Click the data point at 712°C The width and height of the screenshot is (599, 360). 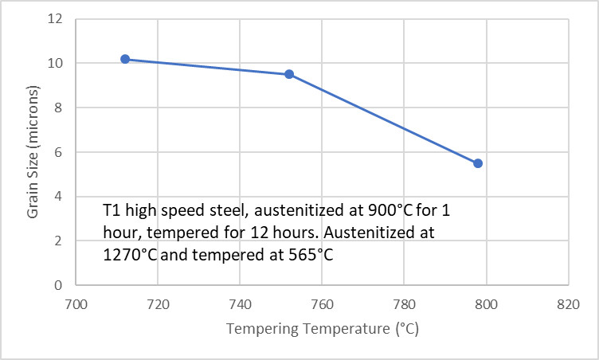pyautogui.click(x=125, y=59)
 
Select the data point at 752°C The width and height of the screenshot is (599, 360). pyautogui.click(x=289, y=74)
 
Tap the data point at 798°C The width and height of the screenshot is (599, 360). pyautogui.click(x=478, y=163)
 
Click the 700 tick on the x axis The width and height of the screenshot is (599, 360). pyautogui.click(x=76, y=303)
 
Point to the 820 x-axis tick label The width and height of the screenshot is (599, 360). pyautogui.click(x=568, y=303)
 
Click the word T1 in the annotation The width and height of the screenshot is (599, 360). pyautogui.click(x=112, y=212)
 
